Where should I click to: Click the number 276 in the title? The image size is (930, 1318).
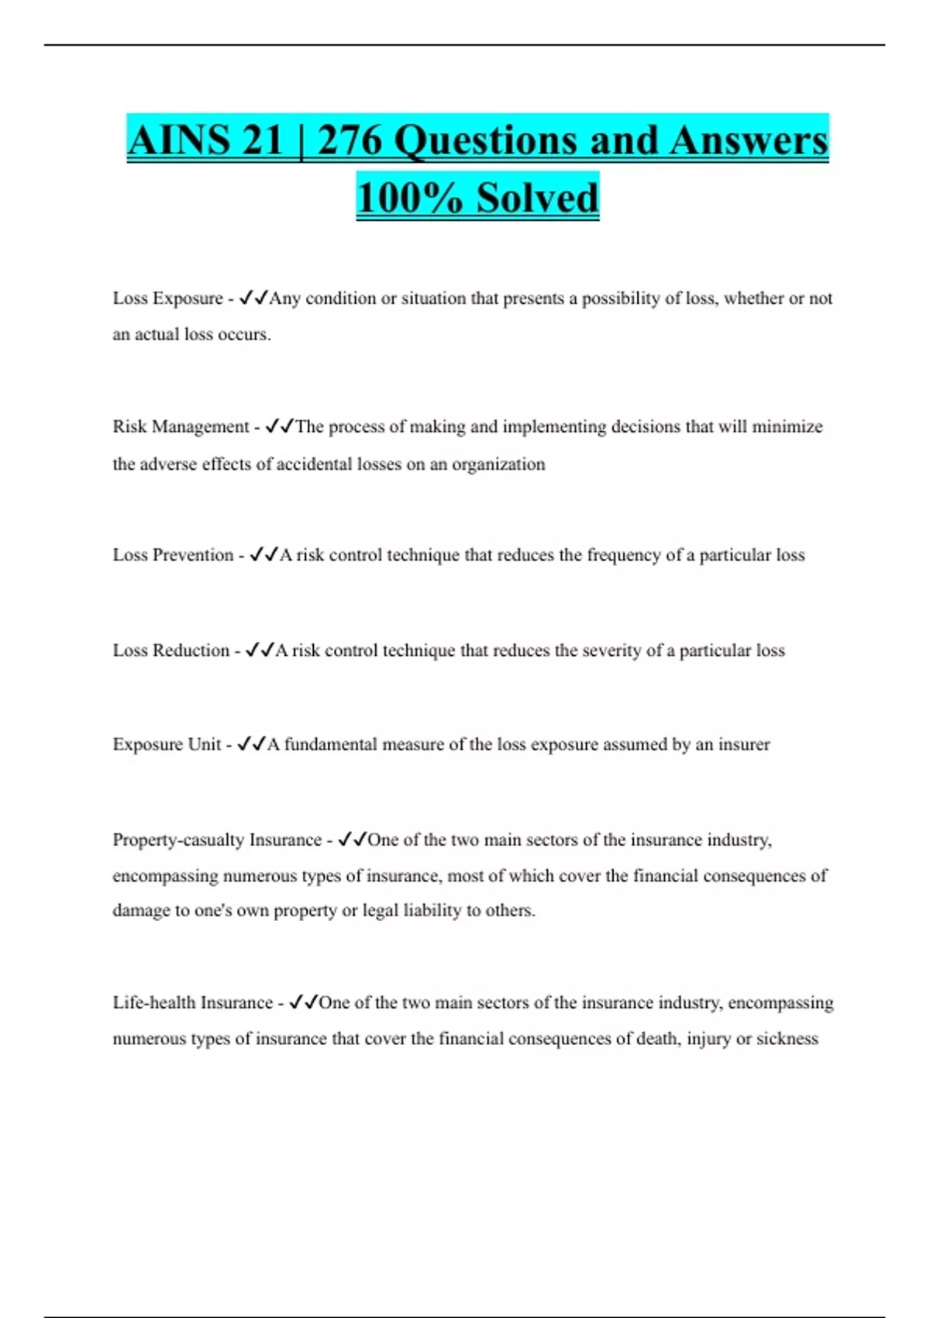(x=350, y=141)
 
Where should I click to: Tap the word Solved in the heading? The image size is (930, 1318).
(x=537, y=198)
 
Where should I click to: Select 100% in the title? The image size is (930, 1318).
(x=411, y=198)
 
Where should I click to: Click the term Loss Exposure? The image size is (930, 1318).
(x=167, y=298)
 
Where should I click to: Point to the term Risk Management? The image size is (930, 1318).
(x=181, y=426)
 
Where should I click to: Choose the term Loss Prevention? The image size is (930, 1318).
(x=173, y=555)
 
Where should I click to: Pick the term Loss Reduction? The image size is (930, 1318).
(x=170, y=650)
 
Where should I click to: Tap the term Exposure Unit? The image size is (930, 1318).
(x=167, y=744)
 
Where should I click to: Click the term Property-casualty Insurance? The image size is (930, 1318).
(x=217, y=840)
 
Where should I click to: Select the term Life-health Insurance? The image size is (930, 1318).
(x=192, y=1002)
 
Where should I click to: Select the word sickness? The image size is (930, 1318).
(x=787, y=1039)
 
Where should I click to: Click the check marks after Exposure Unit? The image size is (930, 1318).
(x=251, y=744)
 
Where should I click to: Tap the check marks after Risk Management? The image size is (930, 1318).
(x=279, y=426)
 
